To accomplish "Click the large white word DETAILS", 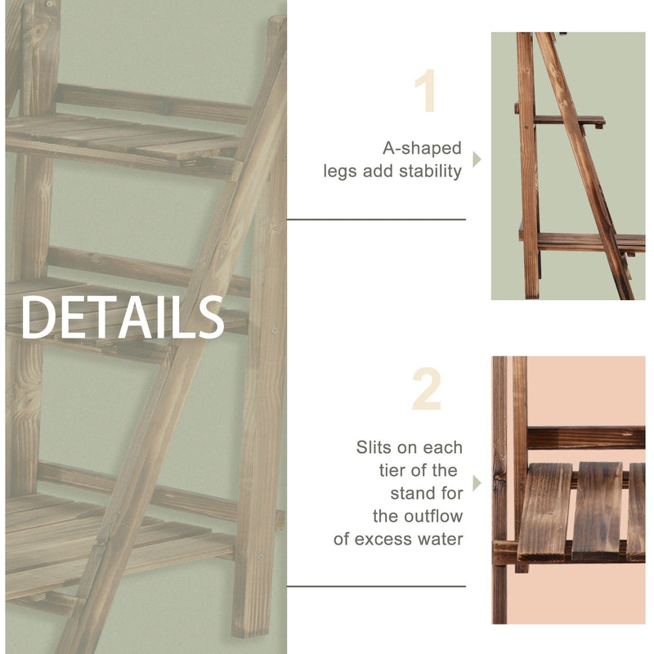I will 123,317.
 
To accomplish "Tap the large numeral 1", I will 426,92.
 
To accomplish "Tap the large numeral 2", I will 426,390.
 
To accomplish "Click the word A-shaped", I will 422,150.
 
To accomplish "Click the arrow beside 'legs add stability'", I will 477,159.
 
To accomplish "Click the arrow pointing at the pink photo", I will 477,482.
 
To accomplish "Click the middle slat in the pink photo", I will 597,511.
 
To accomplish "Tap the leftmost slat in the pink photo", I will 544,511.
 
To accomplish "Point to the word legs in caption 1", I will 340,172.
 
